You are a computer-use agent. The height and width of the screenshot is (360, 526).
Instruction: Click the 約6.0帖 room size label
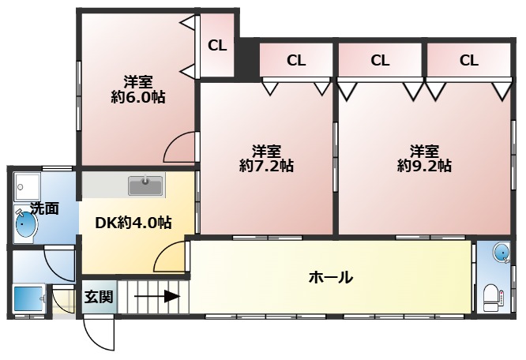click(x=138, y=97)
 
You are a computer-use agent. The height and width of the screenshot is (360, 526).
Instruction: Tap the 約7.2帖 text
click(x=267, y=166)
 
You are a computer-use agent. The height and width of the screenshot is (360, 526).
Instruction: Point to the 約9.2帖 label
click(x=424, y=166)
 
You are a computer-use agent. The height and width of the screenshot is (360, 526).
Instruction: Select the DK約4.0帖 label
click(x=133, y=223)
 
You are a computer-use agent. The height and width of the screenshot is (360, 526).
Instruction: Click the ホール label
click(x=331, y=277)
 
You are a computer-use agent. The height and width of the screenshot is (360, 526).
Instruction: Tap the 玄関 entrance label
click(x=99, y=297)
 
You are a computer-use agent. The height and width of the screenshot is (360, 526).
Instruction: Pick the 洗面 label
click(x=44, y=208)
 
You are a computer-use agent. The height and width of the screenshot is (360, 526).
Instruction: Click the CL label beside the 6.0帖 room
click(x=217, y=46)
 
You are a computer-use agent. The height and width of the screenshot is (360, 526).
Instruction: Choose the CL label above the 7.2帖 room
click(x=296, y=60)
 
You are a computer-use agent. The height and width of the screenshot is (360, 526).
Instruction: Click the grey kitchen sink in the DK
click(x=145, y=185)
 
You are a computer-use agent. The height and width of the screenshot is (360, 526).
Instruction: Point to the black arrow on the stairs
click(x=156, y=296)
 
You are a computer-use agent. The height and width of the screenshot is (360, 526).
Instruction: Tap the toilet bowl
click(x=493, y=298)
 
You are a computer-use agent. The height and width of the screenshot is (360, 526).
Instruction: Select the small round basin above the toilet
click(x=502, y=253)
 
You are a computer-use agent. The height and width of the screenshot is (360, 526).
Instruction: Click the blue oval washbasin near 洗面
click(x=24, y=223)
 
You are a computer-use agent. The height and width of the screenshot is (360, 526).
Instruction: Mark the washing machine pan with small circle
click(x=27, y=187)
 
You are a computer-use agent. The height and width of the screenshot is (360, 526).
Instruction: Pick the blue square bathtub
click(x=28, y=298)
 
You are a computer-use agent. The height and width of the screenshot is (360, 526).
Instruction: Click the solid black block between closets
click(x=248, y=60)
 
